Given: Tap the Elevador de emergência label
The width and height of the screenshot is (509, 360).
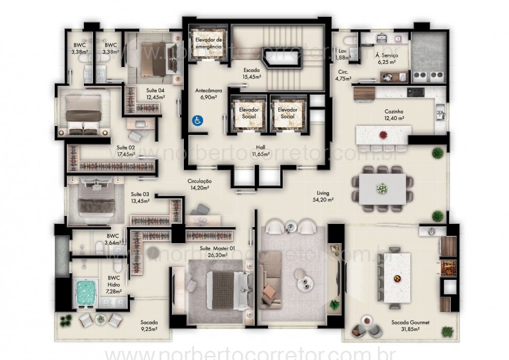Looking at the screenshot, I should pyautogui.click(x=209, y=43).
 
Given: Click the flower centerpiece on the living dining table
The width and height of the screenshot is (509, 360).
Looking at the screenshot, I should pyautogui.click(x=381, y=189).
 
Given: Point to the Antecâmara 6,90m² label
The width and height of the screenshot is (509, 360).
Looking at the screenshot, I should pyautogui.click(x=207, y=94).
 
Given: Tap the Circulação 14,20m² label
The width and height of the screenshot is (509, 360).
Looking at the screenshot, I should pyautogui.click(x=200, y=184).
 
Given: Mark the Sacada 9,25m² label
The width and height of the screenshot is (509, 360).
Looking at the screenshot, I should pyautogui.click(x=149, y=326).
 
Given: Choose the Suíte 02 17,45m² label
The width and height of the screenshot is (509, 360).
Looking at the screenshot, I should pyautogui.click(x=126, y=151).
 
